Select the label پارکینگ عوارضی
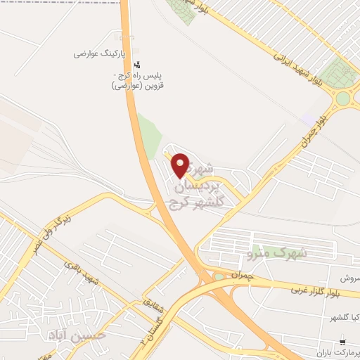pyautogui.click(x=103, y=53)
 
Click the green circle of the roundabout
pyautogui.click(x=342, y=99)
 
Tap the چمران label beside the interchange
pyautogui.click(x=240, y=274)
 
